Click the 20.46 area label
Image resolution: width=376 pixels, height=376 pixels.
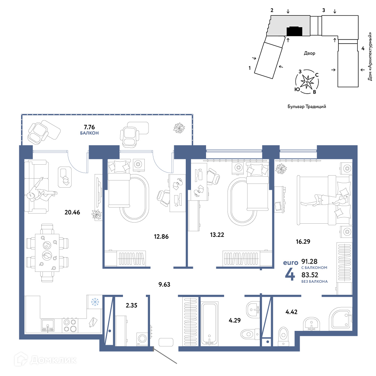tap(72, 212)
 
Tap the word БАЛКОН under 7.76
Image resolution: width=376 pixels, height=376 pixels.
tap(89, 133)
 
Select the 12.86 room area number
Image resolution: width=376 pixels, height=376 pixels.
tap(161, 237)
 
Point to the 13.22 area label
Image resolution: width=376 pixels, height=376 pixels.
tap(217, 235)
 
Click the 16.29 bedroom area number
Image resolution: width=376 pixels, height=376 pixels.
tap(303, 241)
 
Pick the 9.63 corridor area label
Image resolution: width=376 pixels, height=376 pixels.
tap(164, 285)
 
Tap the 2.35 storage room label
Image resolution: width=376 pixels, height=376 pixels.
tap(131, 305)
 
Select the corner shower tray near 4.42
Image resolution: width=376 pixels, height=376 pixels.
tap(341, 318)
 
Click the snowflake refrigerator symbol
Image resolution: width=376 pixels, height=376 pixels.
tap(95, 302)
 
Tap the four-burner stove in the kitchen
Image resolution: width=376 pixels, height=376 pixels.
tap(70, 325)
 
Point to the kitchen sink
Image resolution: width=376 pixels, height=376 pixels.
tap(48, 325)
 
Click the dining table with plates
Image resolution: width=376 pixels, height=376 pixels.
tap(47, 253)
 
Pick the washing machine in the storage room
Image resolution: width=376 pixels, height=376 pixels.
tap(142, 339)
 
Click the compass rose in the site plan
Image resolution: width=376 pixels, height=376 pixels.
tap(307, 82)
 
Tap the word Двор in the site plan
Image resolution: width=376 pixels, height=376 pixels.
tap(309, 53)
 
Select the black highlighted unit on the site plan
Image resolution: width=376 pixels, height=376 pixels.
tap(294, 31)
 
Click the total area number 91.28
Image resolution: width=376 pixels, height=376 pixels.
tap(309, 261)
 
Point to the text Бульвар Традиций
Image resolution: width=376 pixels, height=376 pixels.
tap(307, 106)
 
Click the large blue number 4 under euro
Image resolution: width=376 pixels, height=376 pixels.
tap(290, 274)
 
